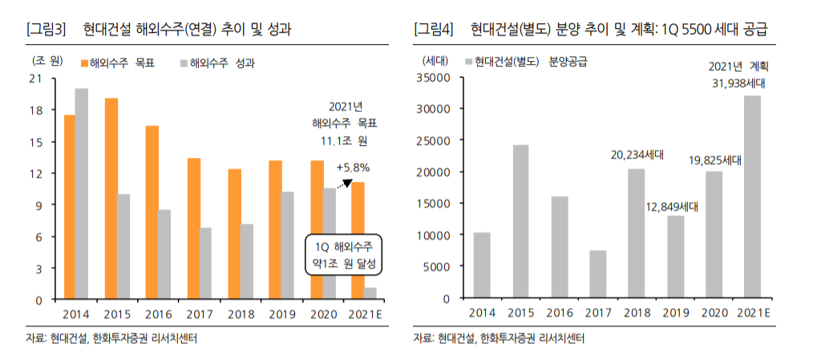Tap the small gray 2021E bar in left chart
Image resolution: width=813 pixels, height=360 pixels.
pos(370,293)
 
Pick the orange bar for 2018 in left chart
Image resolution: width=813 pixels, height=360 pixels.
pos(234,234)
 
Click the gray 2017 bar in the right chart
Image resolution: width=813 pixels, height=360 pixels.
pos(597,274)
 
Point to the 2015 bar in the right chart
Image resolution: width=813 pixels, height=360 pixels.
pos(520,221)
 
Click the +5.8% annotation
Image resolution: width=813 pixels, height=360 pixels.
pos(353,168)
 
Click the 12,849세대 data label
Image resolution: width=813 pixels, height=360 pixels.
pos(675,207)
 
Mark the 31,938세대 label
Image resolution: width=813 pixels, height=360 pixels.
pos(736,83)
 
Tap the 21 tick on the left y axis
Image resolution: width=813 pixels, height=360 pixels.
pos(34,79)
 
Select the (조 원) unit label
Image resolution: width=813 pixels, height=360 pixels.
pos(46,60)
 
